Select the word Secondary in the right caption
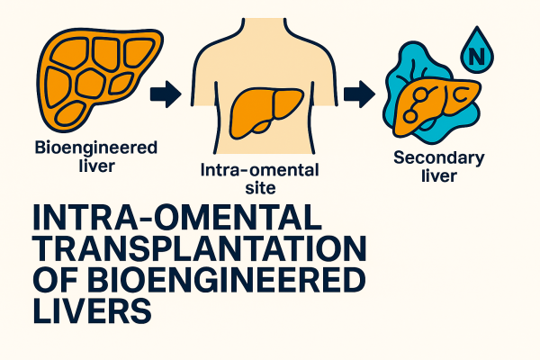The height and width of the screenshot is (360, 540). pyautogui.click(x=439, y=158)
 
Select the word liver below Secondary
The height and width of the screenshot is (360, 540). pyautogui.click(x=438, y=175)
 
